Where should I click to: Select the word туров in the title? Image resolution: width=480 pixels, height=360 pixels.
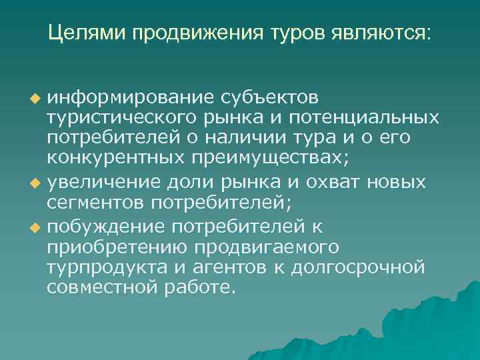pos(289,33)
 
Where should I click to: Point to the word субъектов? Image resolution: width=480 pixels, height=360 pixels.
pos(269,98)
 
